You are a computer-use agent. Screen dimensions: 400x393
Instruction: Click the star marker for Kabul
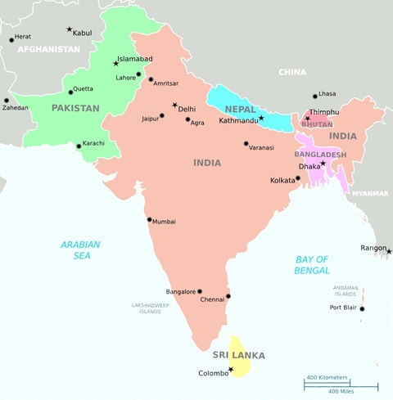(x=69, y=29)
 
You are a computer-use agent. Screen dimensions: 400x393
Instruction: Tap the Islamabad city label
(x=135, y=59)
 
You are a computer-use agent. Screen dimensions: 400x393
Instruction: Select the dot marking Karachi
(x=79, y=146)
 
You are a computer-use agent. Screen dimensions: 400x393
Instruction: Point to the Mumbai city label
(x=164, y=222)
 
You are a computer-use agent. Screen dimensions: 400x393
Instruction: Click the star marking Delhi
(x=174, y=105)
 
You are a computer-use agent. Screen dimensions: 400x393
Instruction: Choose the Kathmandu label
(x=238, y=122)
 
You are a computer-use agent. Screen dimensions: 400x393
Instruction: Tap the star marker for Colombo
(x=231, y=370)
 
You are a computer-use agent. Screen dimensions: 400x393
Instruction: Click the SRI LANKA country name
(x=238, y=356)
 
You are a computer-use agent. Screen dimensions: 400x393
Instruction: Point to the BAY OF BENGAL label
(x=312, y=264)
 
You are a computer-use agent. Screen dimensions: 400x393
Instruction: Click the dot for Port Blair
(x=362, y=308)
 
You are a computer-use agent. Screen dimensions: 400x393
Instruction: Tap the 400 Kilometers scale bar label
(x=327, y=377)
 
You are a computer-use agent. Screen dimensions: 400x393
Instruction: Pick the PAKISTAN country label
(x=75, y=108)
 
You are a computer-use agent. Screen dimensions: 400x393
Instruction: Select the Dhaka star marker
(x=323, y=163)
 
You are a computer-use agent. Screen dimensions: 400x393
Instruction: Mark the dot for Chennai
(x=228, y=296)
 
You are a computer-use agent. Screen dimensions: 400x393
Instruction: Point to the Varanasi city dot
(x=246, y=144)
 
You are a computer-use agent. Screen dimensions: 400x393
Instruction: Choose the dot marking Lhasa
(x=315, y=96)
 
